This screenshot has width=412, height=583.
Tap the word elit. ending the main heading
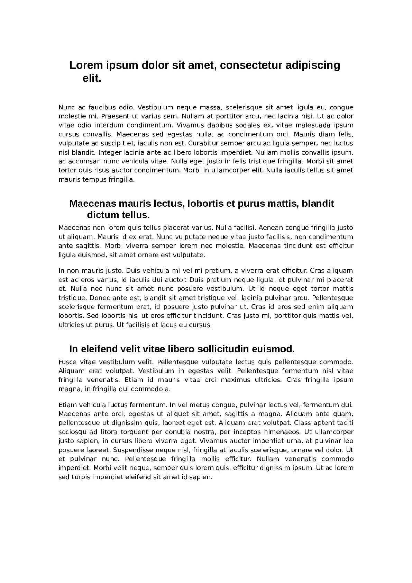pyautogui.click(x=92, y=78)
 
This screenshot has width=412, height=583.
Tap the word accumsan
pyautogui.click(x=81, y=161)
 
